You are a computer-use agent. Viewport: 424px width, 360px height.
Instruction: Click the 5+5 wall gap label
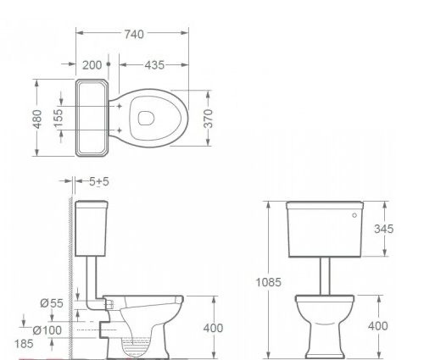tap(99, 181)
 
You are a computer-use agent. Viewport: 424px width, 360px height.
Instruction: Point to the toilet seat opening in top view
tap(148, 118)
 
